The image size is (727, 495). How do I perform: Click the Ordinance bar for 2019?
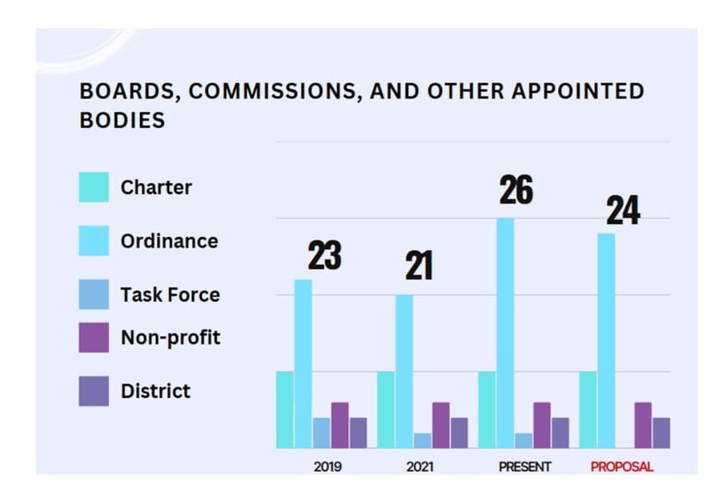coord(303,364)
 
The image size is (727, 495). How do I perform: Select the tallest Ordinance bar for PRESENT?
coord(505,333)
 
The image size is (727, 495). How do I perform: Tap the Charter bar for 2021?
coord(386,410)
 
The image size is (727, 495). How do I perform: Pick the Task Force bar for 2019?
coord(321,433)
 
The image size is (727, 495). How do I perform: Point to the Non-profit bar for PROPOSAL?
coord(643,425)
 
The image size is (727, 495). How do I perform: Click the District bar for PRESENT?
coord(560,433)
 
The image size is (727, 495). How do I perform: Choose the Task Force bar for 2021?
coord(422,441)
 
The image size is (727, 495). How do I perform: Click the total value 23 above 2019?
coord(324,256)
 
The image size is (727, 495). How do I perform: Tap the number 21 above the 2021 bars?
coord(419,266)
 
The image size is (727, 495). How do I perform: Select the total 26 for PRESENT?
coord(516,191)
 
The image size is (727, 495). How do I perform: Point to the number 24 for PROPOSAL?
coord(622,211)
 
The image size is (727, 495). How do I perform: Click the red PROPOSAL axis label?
coord(622,467)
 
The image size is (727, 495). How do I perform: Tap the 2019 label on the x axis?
coord(327,467)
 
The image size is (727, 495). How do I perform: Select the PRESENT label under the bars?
coord(524,467)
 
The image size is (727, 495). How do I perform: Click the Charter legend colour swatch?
coord(94,187)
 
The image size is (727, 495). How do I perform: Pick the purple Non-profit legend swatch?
coord(94,337)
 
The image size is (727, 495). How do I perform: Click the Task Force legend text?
coord(170,295)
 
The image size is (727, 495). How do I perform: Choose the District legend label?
coord(155,391)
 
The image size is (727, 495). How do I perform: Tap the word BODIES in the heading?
coord(123,120)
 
